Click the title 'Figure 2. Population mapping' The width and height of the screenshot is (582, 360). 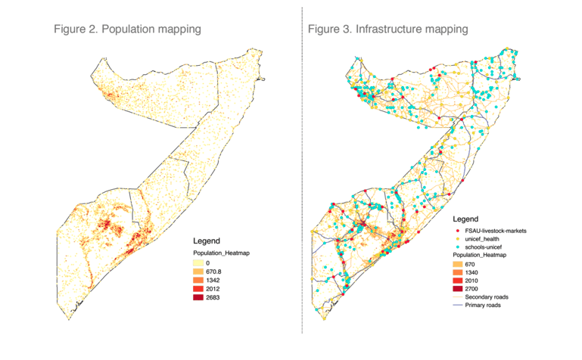pos(127,29)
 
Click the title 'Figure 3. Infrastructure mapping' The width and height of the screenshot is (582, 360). pos(388,29)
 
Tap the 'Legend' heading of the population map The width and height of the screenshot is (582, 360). pos(207,241)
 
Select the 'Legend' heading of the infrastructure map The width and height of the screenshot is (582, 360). pos(465,219)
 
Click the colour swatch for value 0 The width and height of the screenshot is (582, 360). pos(198,263)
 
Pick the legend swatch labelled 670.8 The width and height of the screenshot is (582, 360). pos(198,272)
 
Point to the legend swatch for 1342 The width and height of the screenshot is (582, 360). pos(198,280)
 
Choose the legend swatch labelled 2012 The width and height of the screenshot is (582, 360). pos(198,288)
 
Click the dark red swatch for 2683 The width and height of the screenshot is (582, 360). pos(198,297)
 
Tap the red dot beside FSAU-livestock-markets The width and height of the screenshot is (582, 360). pos(458,231)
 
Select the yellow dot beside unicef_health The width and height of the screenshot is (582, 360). pos(458,239)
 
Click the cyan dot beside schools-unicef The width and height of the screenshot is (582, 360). pos(458,247)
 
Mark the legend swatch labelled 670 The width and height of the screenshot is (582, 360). pos(458,265)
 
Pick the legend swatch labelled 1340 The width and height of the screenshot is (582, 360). pos(458,272)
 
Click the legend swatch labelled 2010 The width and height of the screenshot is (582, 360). pos(458,281)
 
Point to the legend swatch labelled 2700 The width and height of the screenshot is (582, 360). pos(458,289)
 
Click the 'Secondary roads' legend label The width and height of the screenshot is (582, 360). pos(487,297)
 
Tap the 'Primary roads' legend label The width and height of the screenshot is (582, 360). pos(483,305)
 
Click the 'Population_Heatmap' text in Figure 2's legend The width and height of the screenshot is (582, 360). pos(221,253)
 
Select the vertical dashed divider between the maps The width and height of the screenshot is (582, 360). pos(302,170)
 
